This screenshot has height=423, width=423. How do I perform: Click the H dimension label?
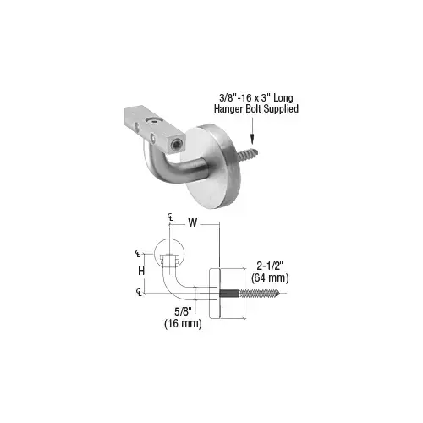click(143, 271)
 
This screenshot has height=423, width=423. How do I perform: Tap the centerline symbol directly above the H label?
click(139, 253)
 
